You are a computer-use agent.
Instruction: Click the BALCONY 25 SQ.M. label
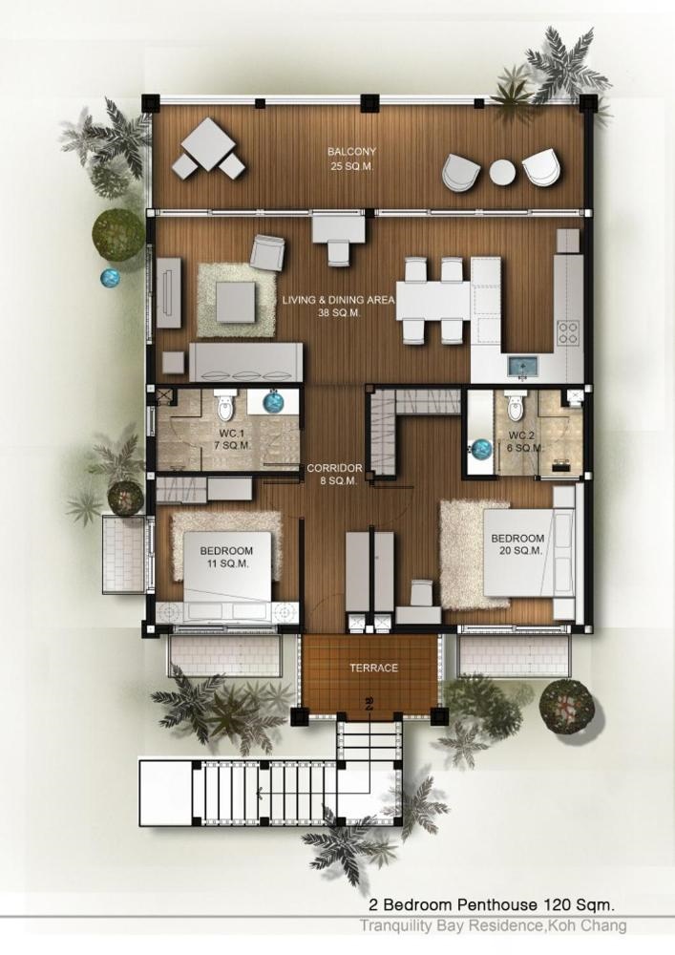coord(351,159)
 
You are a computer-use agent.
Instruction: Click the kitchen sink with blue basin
coord(524,367)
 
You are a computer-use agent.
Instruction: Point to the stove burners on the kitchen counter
coord(568,332)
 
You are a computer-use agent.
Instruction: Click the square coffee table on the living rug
coord(235,302)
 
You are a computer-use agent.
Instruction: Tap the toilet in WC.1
coord(226,406)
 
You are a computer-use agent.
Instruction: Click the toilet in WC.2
coord(516,406)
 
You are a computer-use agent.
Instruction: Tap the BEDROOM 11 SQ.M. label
coord(226,557)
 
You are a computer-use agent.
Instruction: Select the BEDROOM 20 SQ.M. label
coord(517,544)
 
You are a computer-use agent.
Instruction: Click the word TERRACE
coord(373,668)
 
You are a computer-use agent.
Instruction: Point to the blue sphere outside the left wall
coord(111,278)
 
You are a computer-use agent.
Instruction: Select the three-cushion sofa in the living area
coord(246,362)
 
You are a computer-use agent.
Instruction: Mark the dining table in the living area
coord(433,300)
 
